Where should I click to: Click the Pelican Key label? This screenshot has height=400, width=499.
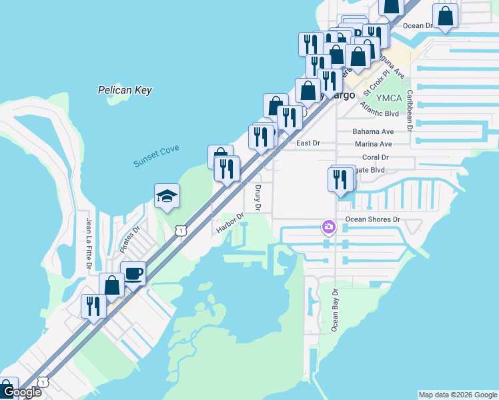pyautogui.click(x=125, y=90)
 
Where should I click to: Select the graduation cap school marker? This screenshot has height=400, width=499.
pyautogui.click(x=167, y=196)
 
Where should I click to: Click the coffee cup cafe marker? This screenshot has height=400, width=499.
pyautogui.click(x=133, y=273)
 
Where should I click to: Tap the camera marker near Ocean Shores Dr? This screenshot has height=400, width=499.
pyautogui.click(x=328, y=228)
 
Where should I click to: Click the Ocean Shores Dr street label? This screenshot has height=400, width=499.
pyautogui.click(x=372, y=219)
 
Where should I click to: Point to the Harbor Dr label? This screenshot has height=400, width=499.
pyautogui.click(x=230, y=223)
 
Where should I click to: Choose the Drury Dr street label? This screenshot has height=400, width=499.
pyautogui.click(x=258, y=198)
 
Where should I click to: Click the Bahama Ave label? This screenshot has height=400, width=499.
pyautogui.click(x=374, y=132)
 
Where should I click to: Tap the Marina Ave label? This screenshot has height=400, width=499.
pyautogui.click(x=374, y=144)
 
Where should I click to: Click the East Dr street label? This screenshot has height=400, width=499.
pyautogui.click(x=308, y=143)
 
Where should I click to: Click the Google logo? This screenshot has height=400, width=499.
pyautogui.click(x=21, y=393)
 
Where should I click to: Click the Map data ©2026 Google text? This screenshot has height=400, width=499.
pyautogui.click(x=457, y=395)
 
